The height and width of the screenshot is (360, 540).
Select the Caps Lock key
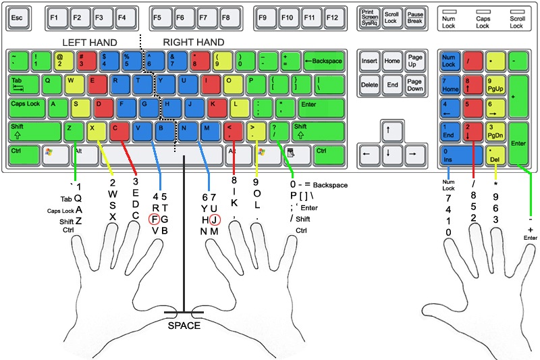[x=27, y=105]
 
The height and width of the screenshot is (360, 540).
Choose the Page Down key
[x=414, y=84]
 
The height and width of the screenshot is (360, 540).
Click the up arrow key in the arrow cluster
[x=388, y=129]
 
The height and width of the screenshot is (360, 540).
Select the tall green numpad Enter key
[x=519, y=143]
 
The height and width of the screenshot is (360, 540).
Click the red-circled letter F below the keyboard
[x=155, y=219]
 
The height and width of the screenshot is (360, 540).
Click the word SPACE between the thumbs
[x=184, y=326]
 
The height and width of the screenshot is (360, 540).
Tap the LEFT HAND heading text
[x=90, y=43]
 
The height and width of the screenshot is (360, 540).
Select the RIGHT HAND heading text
[x=194, y=43]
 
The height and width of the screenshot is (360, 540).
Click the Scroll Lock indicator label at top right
[x=516, y=22]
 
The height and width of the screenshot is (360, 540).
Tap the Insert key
[x=369, y=61]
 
